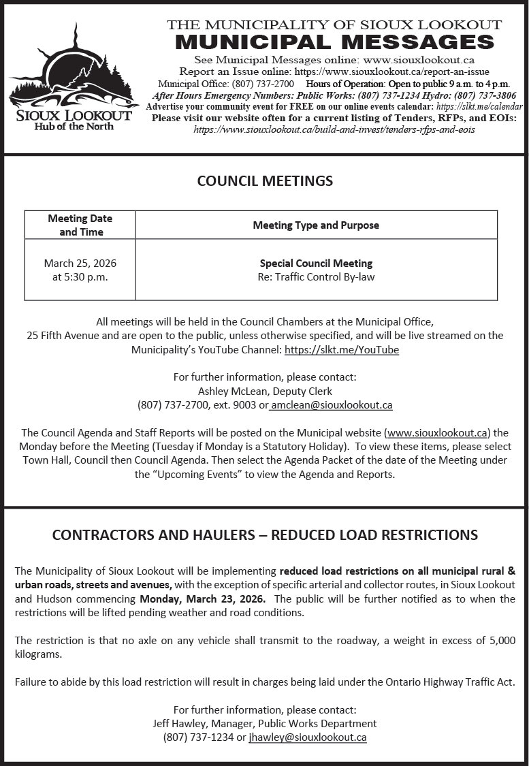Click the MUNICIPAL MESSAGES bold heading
334,42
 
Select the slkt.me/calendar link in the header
479,107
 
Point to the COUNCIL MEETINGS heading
265,181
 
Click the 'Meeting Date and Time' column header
80,225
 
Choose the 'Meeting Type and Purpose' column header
316,225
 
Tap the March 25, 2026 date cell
80,264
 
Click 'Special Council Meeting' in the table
316,264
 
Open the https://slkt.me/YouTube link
341,350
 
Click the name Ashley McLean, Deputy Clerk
265,391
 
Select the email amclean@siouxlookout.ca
332,405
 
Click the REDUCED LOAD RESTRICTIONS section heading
265,535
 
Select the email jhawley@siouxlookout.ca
308,737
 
